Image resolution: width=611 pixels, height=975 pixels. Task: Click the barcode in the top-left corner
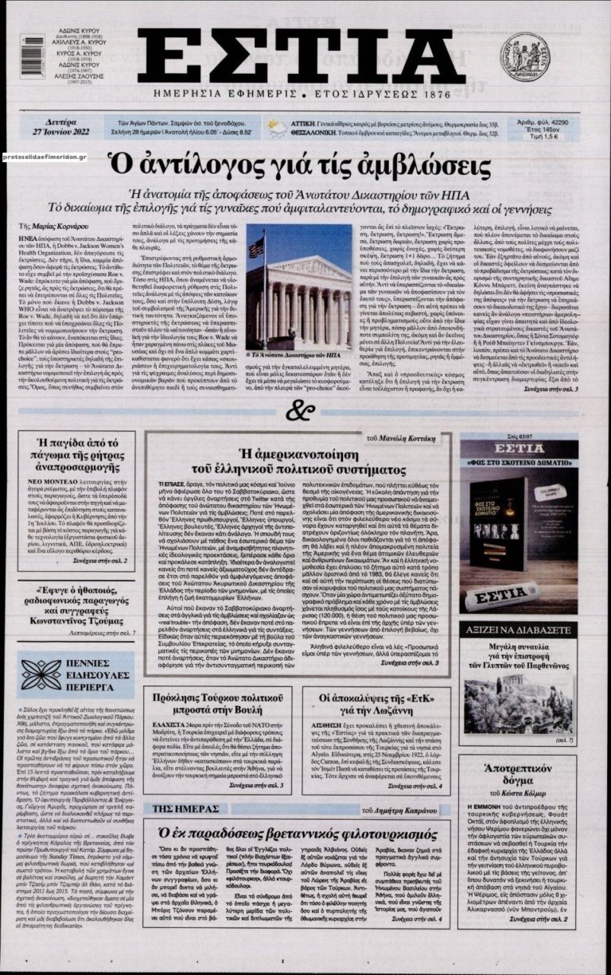33,56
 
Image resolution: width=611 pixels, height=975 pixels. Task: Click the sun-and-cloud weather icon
278,127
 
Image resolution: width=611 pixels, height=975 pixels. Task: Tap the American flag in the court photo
257,247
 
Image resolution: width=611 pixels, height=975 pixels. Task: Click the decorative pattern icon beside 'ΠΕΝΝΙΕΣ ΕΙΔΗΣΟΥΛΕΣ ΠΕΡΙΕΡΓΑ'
41,675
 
